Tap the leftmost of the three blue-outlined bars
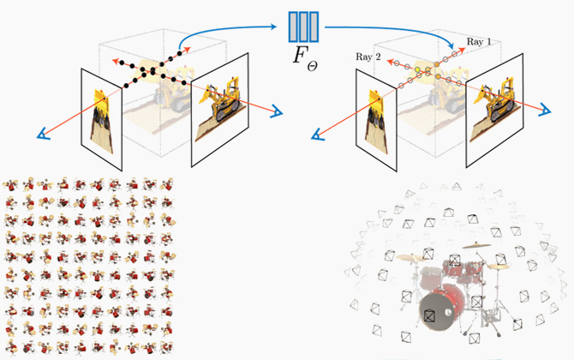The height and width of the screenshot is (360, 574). [x=294, y=27]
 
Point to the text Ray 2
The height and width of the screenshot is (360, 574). [x=368, y=57]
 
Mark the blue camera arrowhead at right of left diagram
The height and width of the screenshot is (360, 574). [x=278, y=110]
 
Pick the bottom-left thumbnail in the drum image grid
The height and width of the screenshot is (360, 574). [x=11, y=345]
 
